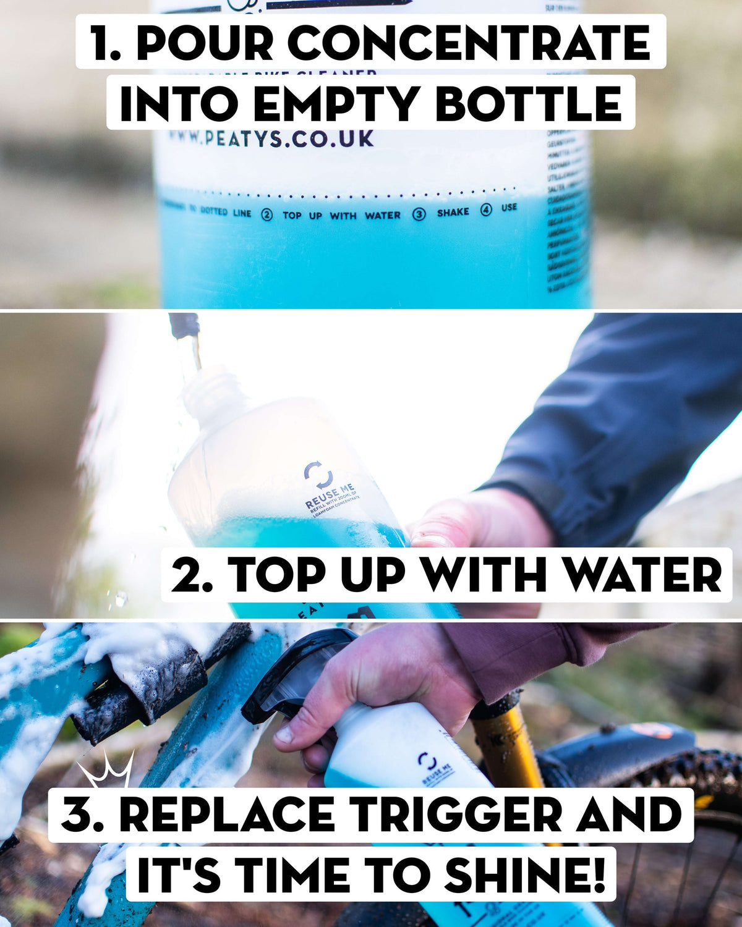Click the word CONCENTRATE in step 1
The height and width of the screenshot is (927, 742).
(x=469, y=43)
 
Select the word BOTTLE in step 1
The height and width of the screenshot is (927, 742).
(x=529, y=104)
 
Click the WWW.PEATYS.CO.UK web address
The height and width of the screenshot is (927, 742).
(x=271, y=138)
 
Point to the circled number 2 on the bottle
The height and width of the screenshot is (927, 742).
(x=267, y=215)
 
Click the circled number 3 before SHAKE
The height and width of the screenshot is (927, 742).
(x=419, y=214)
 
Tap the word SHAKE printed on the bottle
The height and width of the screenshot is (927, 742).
(x=453, y=212)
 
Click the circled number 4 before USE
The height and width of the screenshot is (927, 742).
(x=486, y=210)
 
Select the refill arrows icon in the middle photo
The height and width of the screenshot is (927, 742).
(x=318, y=474)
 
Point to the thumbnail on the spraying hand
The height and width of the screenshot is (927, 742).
(x=284, y=734)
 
